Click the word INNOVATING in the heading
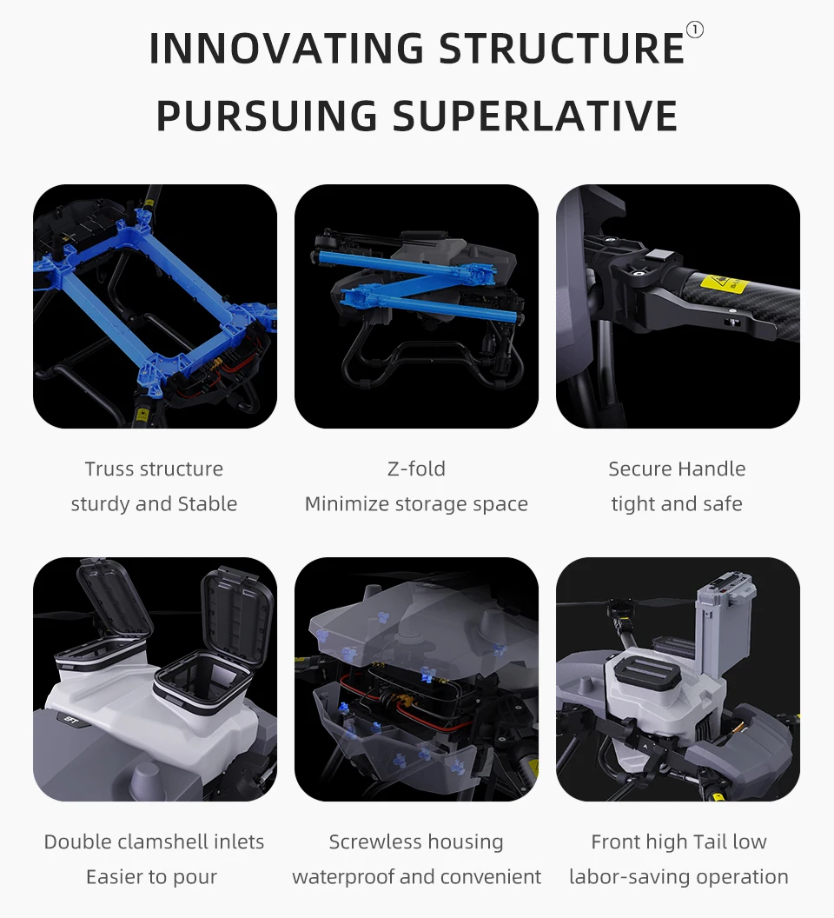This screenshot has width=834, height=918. (x=287, y=49)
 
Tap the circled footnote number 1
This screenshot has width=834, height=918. (x=694, y=30)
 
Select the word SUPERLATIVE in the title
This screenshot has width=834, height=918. (x=535, y=116)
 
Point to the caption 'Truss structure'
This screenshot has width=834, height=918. (x=154, y=469)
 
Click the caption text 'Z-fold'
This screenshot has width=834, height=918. (x=416, y=469)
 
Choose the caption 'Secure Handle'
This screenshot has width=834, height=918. (x=677, y=469)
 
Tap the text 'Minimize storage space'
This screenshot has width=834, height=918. (x=416, y=504)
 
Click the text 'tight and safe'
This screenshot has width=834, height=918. (x=677, y=504)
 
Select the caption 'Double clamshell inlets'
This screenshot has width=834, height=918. (x=154, y=841)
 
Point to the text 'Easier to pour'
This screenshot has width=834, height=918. (x=151, y=877)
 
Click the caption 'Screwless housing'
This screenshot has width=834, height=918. (x=416, y=841)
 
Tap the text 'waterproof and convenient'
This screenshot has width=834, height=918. (x=416, y=877)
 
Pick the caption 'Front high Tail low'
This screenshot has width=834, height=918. (x=678, y=841)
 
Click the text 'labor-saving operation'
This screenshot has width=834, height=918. (x=678, y=877)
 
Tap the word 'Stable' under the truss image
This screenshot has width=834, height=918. (x=208, y=504)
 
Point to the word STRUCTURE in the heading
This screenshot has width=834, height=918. (x=561, y=49)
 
